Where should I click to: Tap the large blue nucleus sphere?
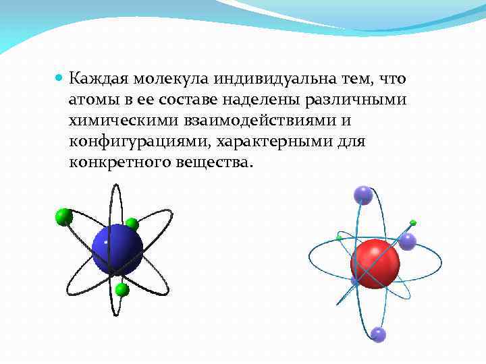[x=117, y=249]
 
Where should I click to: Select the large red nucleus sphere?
[x=375, y=263]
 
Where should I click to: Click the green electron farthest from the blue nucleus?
[x=64, y=216]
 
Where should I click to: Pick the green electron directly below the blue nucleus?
[x=122, y=290]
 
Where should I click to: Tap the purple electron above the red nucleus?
[x=363, y=195]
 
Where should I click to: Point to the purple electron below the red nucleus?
[x=378, y=334]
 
